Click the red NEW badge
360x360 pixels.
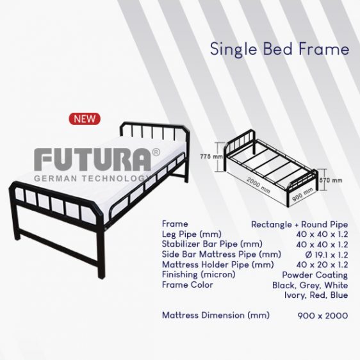coord(85,119)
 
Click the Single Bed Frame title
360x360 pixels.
coord(279,49)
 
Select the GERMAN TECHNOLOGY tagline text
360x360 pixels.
coord(92,178)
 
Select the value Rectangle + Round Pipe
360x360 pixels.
coord(300,224)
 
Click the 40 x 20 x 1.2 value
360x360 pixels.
coord(323,265)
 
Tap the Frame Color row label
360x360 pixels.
coord(188,284)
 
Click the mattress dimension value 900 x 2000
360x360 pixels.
coord(323,316)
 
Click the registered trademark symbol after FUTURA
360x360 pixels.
coord(156,152)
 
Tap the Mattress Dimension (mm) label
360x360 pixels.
coord(216,315)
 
